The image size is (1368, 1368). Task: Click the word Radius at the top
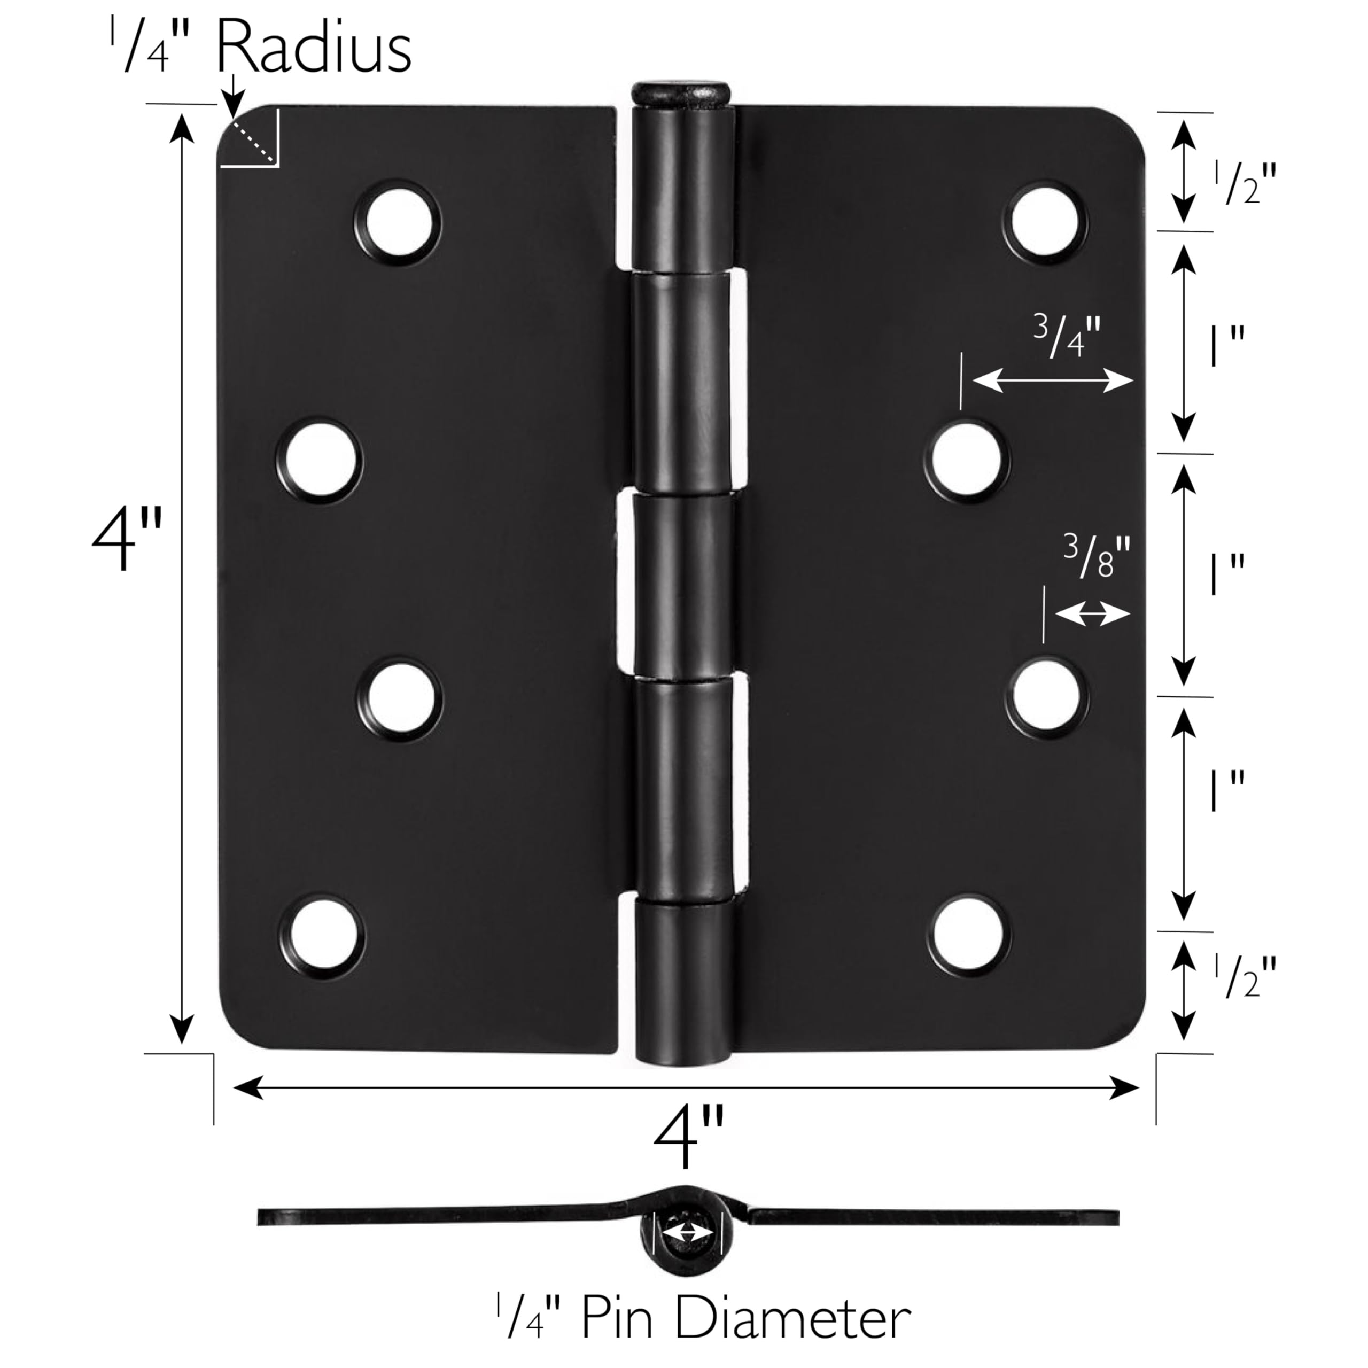[313, 48]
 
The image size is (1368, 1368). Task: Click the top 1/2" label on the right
[1245, 183]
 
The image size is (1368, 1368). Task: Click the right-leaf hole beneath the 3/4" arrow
[967, 459]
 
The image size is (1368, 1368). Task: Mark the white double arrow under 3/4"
[1052, 381]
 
